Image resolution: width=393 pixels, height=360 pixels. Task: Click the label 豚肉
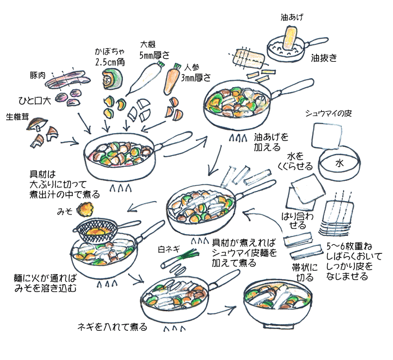38,75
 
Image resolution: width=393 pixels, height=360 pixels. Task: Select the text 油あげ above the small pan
291,17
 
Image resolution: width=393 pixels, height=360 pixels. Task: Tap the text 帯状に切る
304,272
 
